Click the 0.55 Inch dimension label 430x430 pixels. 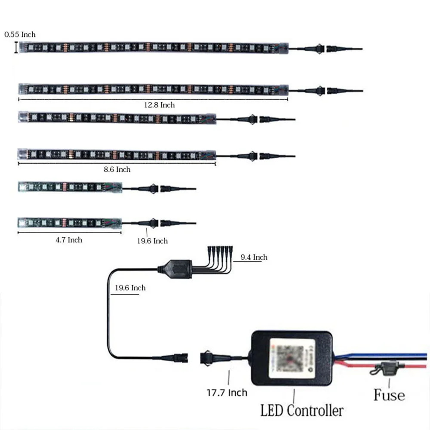pos(20,34)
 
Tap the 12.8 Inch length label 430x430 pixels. pos(160,105)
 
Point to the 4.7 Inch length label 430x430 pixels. pos(69,240)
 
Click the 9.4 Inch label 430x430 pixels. pos(254,257)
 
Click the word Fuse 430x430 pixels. pos(389,395)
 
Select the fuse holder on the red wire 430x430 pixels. pos(388,368)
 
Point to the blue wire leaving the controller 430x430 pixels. pos(378,356)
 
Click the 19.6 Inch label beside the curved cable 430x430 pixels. pos(130,288)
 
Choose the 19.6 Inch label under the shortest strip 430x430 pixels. pos(152,241)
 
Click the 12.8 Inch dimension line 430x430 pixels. pos(153,99)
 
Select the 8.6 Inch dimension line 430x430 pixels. pos(116,164)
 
